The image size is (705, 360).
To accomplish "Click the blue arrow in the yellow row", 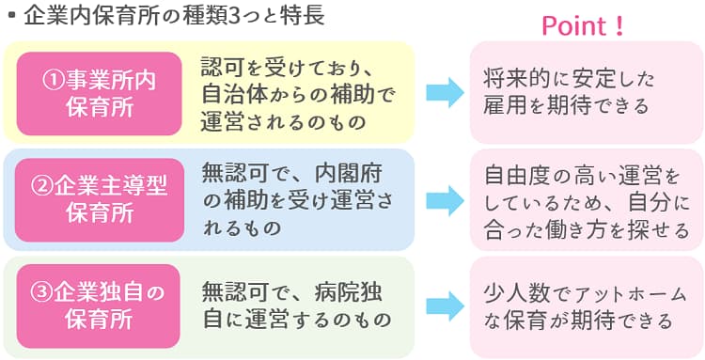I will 445,92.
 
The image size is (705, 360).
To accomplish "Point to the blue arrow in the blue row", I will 445,199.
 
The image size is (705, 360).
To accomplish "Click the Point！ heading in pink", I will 583,25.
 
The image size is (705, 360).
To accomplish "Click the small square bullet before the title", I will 11,18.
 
